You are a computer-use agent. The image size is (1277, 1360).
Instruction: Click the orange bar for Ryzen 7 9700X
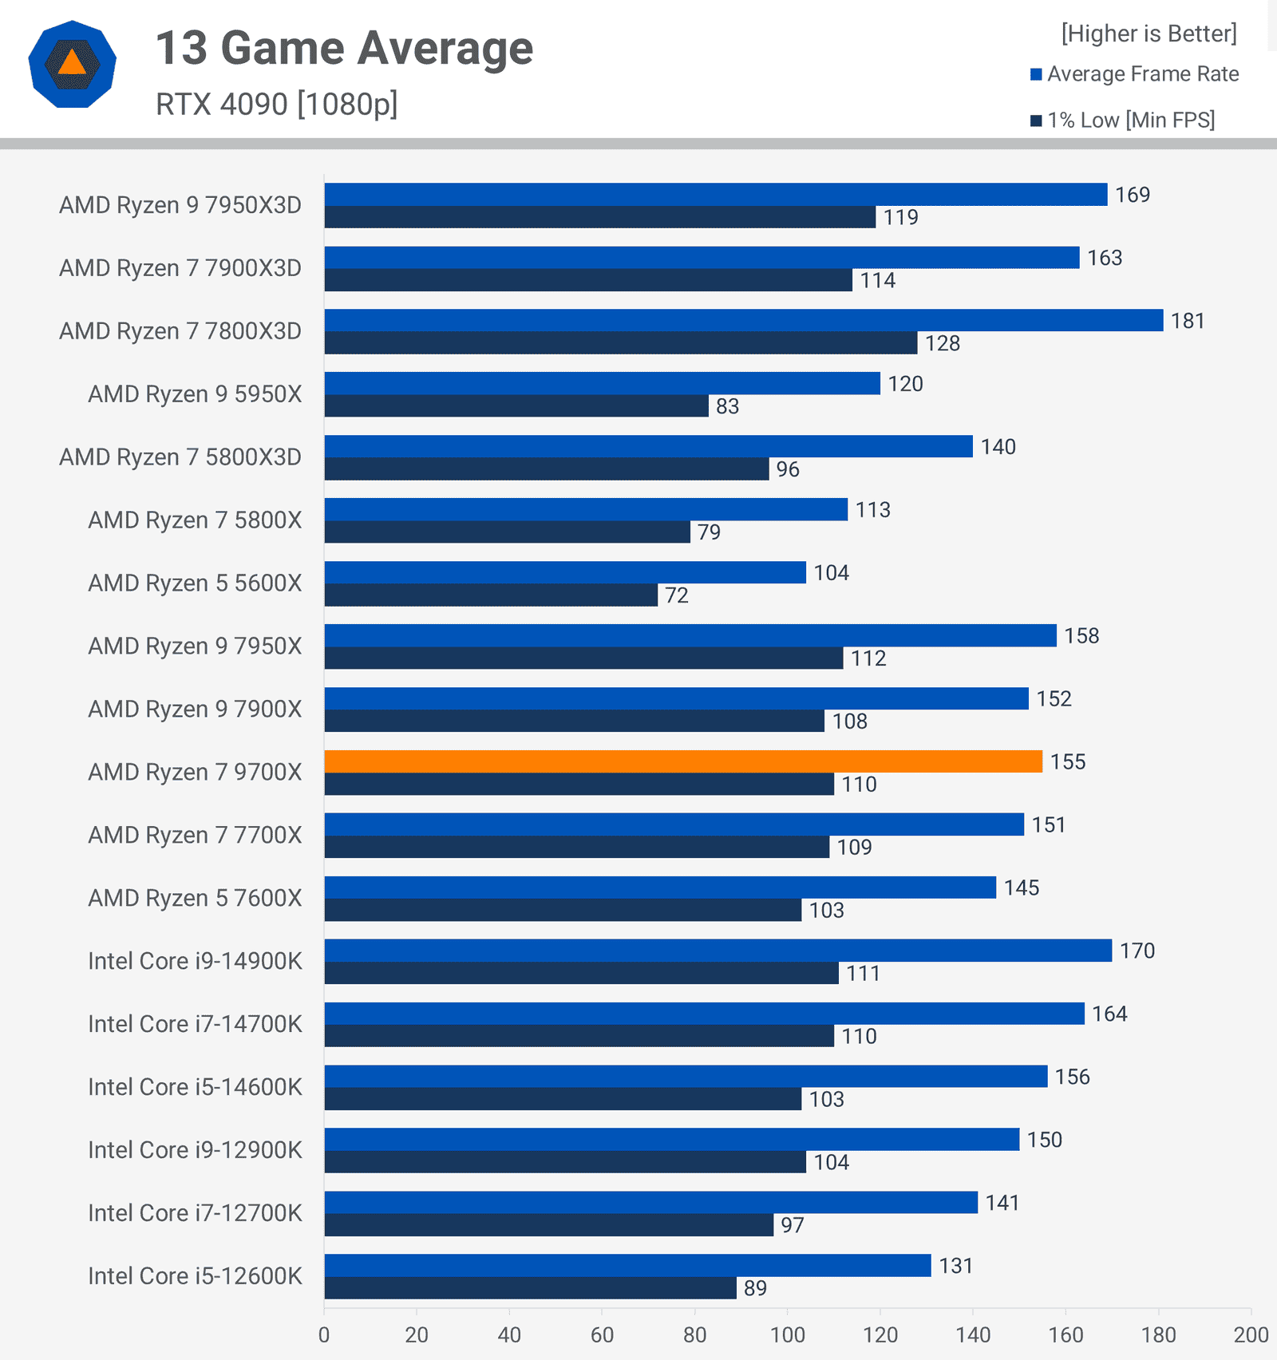(683, 761)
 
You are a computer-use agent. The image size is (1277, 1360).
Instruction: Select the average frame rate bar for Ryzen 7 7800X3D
(743, 320)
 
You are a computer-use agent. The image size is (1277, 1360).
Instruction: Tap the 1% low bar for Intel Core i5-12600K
(530, 1287)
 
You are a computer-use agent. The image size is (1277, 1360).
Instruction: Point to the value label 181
(1188, 321)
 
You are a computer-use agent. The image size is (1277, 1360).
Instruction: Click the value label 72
(677, 595)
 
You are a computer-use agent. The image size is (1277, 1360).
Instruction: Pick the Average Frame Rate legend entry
(1134, 74)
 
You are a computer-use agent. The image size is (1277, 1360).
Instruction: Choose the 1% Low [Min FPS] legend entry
(1122, 121)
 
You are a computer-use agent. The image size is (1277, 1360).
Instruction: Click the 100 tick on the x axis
(788, 1334)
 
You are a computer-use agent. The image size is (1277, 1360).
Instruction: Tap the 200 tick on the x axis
(1251, 1334)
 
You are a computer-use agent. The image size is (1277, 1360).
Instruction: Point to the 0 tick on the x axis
(324, 1334)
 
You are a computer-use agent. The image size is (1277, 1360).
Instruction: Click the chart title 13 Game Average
(344, 48)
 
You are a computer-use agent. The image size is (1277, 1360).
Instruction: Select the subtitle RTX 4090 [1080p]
(276, 105)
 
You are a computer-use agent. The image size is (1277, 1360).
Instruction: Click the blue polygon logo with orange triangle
(72, 64)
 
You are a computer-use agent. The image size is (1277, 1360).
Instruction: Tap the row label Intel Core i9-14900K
(195, 961)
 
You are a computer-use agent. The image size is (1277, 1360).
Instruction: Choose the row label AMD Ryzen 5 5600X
(195, 583)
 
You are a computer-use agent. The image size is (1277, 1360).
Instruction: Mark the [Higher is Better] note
(1149, 34)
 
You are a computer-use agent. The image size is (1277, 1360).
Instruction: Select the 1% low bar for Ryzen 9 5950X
(516, 405)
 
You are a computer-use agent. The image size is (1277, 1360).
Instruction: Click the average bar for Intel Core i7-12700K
(650, 1202)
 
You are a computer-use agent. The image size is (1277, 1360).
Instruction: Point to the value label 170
(1137, 951)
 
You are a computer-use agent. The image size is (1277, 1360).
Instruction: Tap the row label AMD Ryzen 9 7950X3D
(180, 205)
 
